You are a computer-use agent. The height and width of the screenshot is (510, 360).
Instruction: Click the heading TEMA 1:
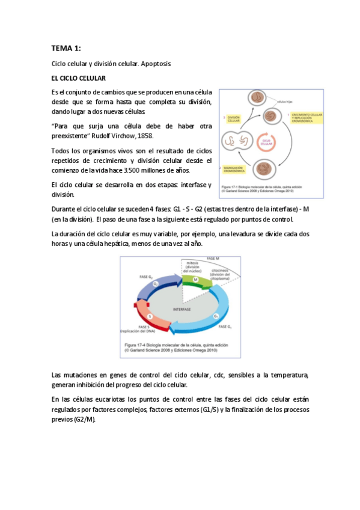66,48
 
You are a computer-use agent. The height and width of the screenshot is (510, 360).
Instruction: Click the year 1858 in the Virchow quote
145,136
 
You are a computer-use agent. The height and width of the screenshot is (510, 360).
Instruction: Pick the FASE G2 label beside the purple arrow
146,277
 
